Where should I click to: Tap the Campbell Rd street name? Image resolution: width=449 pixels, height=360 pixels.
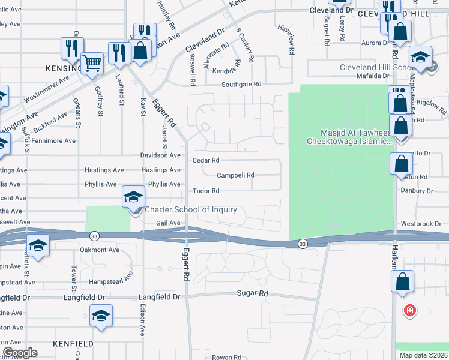[x=235, y=175]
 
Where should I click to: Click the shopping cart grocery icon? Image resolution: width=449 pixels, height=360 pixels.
[x=91, y=63]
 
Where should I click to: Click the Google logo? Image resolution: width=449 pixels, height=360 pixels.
[x=19, y=353]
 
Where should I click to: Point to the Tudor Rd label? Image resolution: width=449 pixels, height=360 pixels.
[x=206, y=191]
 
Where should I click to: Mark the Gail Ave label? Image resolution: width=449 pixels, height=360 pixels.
[x=168, y=223]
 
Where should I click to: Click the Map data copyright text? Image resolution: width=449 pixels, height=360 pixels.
[x=424, y=355]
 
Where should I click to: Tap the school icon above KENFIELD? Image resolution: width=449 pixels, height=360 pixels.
[x=101, y=316]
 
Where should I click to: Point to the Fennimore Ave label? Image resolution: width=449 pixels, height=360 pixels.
[x=55, y=141]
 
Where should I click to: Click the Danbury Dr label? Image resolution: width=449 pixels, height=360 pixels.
[x=417, y=191]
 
